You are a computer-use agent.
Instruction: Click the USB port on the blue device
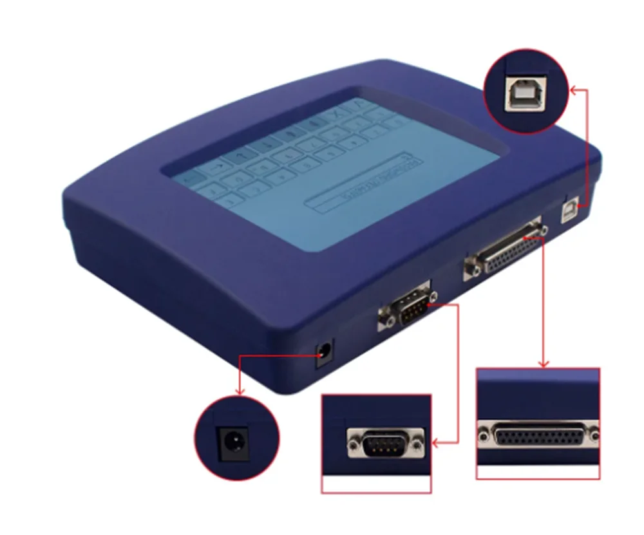coord(569,212)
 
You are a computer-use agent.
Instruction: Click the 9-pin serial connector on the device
coord(407,308)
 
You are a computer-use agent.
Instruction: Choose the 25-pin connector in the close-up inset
coord(538,435)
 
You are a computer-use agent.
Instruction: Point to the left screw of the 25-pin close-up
coord(483,435)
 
